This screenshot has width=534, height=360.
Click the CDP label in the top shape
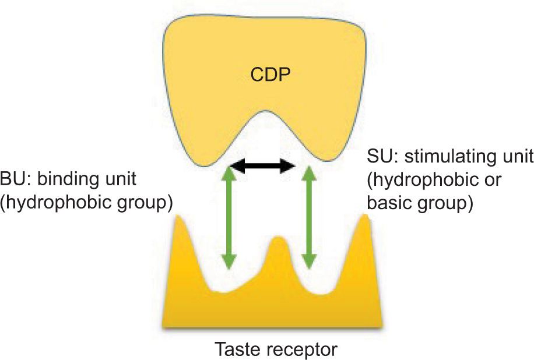pyautogui.click(x=269, y=76)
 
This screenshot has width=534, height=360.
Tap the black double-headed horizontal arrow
pyautogui.click(x=261, y=168)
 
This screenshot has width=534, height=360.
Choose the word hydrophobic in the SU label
pyautogui.click(x=420, y=181)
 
